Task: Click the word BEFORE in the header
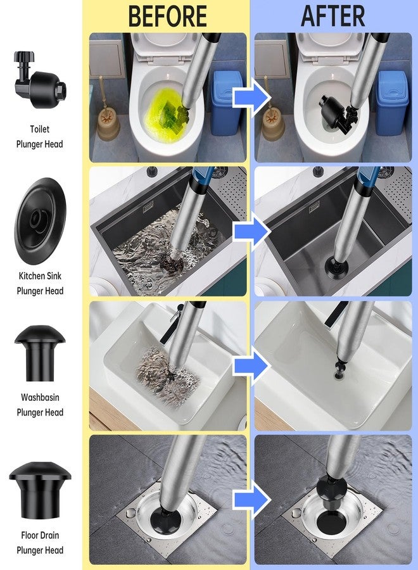click(167, 16)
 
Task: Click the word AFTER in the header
click(334, 16)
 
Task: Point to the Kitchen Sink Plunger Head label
click(39, 284)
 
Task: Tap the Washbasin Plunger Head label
click(39, 405)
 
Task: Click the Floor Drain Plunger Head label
click(39, 543)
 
